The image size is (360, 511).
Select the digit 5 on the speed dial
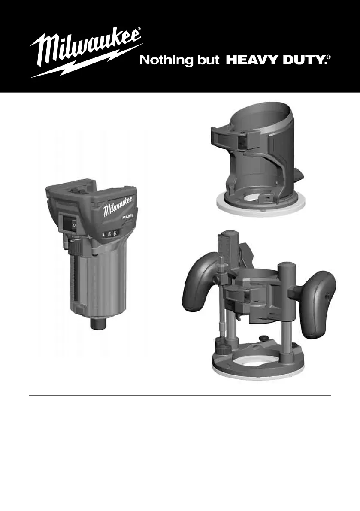(109, 235)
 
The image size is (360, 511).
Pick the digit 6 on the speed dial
(115, 234)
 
